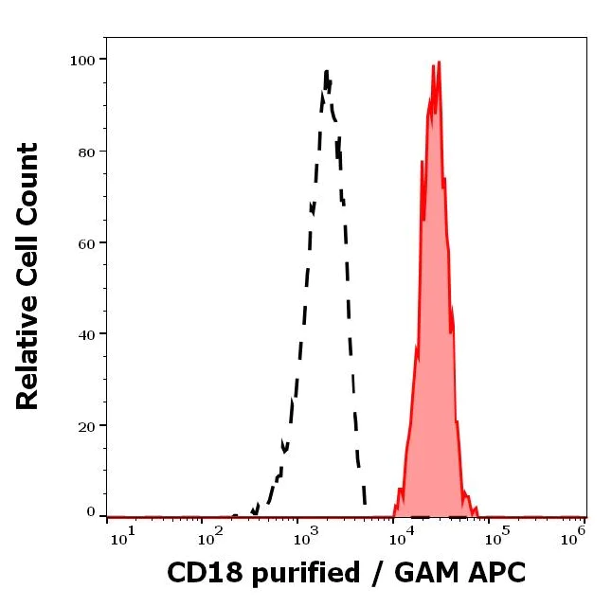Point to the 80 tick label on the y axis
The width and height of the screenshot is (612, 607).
[x=85, y=152]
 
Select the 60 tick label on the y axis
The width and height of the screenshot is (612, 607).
[x=85, y=243]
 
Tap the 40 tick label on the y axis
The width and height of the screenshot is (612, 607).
[x=85, y=334]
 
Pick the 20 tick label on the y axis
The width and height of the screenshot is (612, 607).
[x=85, y=426]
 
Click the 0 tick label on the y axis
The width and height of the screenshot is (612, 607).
[x=91, y=513]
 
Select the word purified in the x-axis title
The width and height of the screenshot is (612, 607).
[x=303, y=574]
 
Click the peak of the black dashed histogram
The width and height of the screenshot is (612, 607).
[x=326, y=71]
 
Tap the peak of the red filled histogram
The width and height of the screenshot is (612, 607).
[x=439, y=62]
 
